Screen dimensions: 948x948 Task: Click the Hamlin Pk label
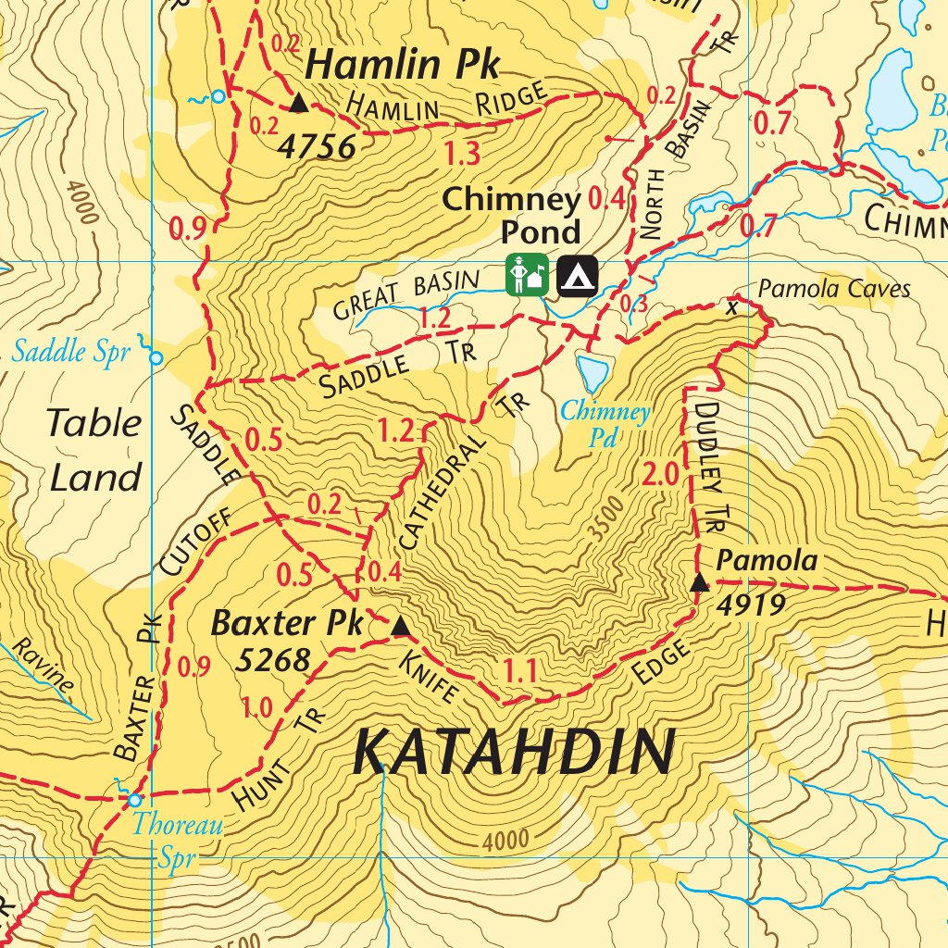[x=402, y=66]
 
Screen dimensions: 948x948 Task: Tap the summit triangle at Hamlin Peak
[x=298, y=103]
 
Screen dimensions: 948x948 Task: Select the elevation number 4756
[x=317, y=146]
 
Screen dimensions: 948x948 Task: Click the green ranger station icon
[x=527, y=275]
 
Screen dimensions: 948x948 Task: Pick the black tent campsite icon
[x=577, y=275]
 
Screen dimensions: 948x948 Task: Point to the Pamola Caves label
[x=834, y=290]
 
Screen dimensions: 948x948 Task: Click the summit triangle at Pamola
[x=700, y=582]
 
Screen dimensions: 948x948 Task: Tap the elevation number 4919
[x=752, y=605]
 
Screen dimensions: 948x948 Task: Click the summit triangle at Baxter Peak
[x=400, y=628]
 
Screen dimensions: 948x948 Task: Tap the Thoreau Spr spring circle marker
[x=135, y=800]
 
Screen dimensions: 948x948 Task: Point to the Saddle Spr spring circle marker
[x=156, y=357]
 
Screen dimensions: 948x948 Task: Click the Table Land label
[x=94, y=450]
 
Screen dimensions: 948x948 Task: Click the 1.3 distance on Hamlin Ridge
[x=461, y=153]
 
